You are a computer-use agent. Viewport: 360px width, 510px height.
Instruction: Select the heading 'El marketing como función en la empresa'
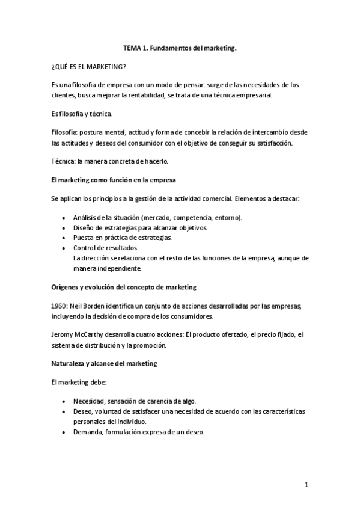[x=113, y=179]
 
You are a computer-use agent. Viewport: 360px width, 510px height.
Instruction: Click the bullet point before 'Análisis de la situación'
[x=65, y=217]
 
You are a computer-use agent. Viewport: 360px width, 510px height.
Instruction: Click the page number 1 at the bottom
[x=306, y=485]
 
